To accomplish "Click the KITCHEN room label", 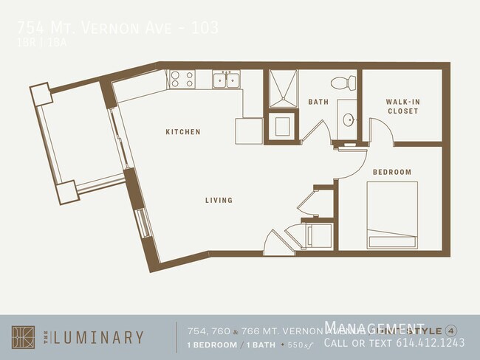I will [x=182, y=132].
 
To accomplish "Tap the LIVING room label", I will [x=219, y=200].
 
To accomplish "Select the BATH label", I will [x=318, y=102].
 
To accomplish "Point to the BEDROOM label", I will [x=391, y=172].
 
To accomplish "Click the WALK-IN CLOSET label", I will [x=402, y=106].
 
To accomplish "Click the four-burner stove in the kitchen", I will [x=182, y=79].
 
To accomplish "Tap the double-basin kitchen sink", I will [x=226, y=80].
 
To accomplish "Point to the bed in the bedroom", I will [x=392, y=215].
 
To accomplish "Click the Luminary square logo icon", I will [x=23, y=336].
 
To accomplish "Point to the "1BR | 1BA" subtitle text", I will [x=36, y=43].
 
